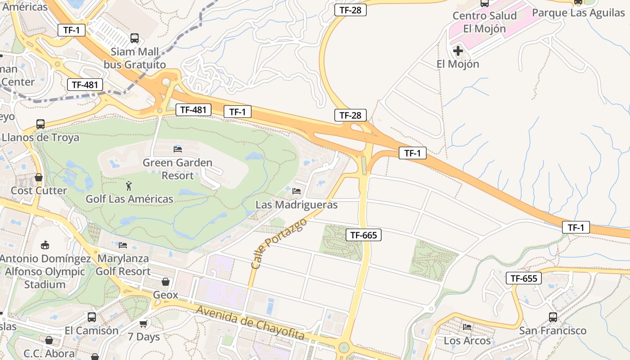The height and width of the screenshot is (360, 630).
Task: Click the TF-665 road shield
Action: (364, 234)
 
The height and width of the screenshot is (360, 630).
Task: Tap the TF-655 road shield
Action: (524, 278)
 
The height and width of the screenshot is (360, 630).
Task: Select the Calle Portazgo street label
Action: (279, 244)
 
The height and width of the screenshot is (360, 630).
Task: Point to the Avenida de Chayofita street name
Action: (250, 323)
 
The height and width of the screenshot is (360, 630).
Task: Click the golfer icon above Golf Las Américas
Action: (129, 185)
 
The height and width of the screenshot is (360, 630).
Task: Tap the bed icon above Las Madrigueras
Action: (296, 191)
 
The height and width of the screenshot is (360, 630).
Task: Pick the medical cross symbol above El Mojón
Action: (458, 51)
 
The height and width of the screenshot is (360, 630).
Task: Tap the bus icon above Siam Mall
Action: (134, 38)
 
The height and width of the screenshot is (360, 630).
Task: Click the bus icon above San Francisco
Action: (553, 317)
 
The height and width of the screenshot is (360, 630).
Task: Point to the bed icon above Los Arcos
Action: (467, 327)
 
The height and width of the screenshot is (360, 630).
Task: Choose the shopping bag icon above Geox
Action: (166, 282)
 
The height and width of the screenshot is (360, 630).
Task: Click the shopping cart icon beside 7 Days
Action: (144, 324)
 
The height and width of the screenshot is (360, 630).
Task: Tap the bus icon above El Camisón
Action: (92, 317)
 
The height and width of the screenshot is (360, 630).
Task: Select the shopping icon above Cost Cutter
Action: (39, 177)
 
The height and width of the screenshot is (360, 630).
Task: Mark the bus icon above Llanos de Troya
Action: (40, 124)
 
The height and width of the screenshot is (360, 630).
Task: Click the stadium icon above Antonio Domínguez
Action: (45, 245)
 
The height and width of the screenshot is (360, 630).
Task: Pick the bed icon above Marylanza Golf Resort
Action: (123, 245)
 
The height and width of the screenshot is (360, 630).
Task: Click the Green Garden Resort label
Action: (177, 169)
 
